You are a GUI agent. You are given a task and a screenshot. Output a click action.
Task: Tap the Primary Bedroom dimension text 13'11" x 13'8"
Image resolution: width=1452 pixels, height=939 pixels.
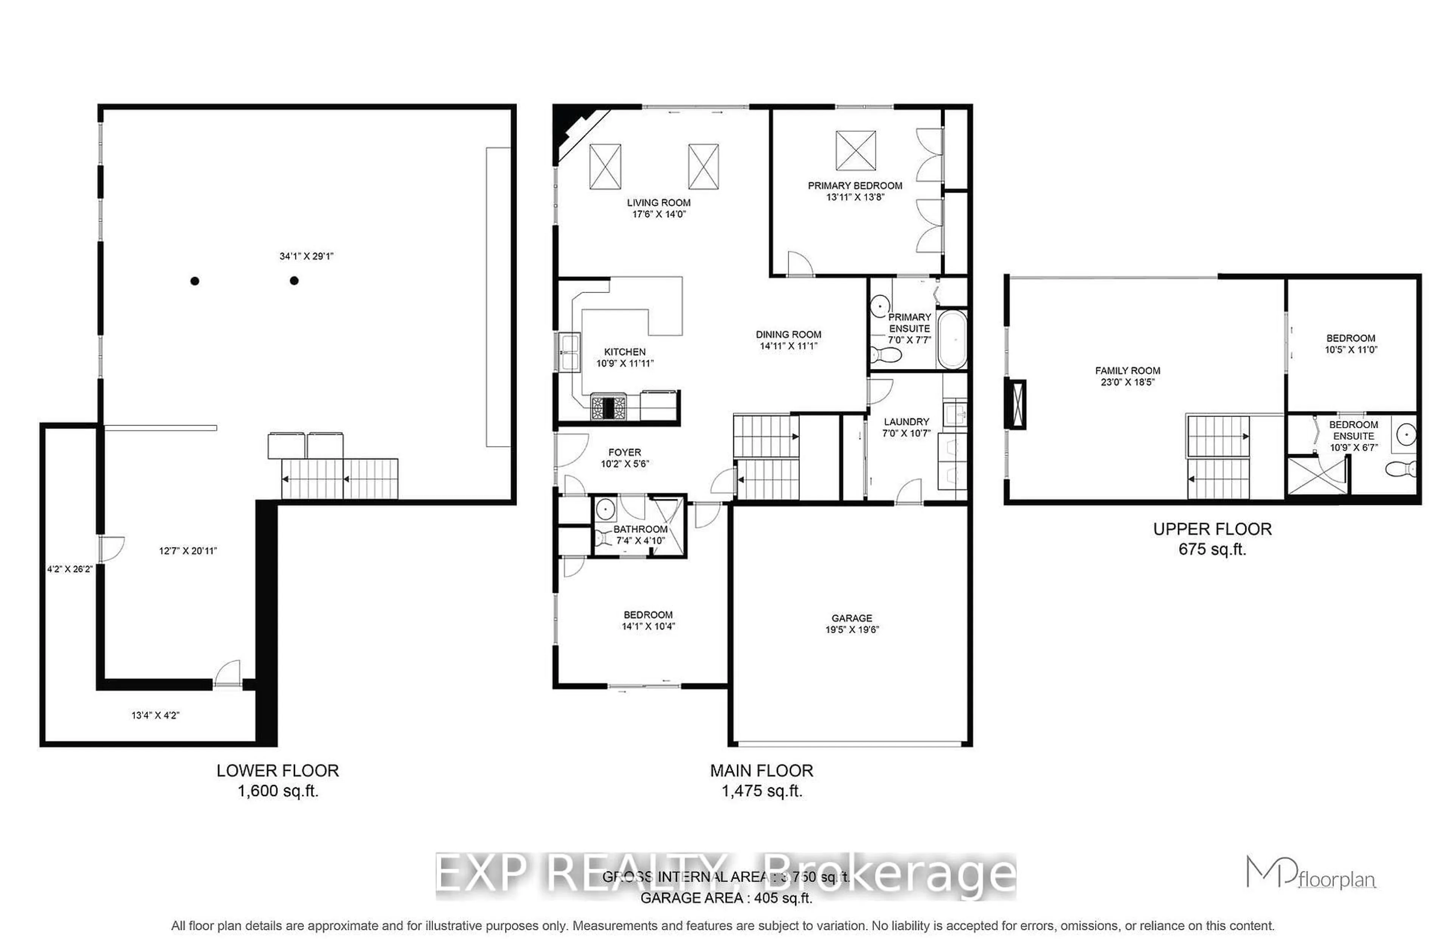[854, 197]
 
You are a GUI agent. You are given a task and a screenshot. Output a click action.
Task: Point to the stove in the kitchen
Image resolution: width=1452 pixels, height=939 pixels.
[608, 407]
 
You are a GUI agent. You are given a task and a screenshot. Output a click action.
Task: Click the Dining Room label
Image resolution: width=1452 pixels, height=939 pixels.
[788, 334]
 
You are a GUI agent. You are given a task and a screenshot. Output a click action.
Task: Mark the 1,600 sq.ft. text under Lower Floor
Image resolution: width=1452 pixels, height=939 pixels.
[278, 791]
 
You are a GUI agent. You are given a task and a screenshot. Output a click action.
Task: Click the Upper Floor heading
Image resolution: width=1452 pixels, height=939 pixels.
[1212, 528]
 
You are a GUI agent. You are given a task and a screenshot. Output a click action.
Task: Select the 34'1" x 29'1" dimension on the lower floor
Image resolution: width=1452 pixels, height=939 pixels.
[306, 256]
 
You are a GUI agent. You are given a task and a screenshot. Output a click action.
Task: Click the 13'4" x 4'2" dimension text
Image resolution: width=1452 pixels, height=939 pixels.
[155, 715]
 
